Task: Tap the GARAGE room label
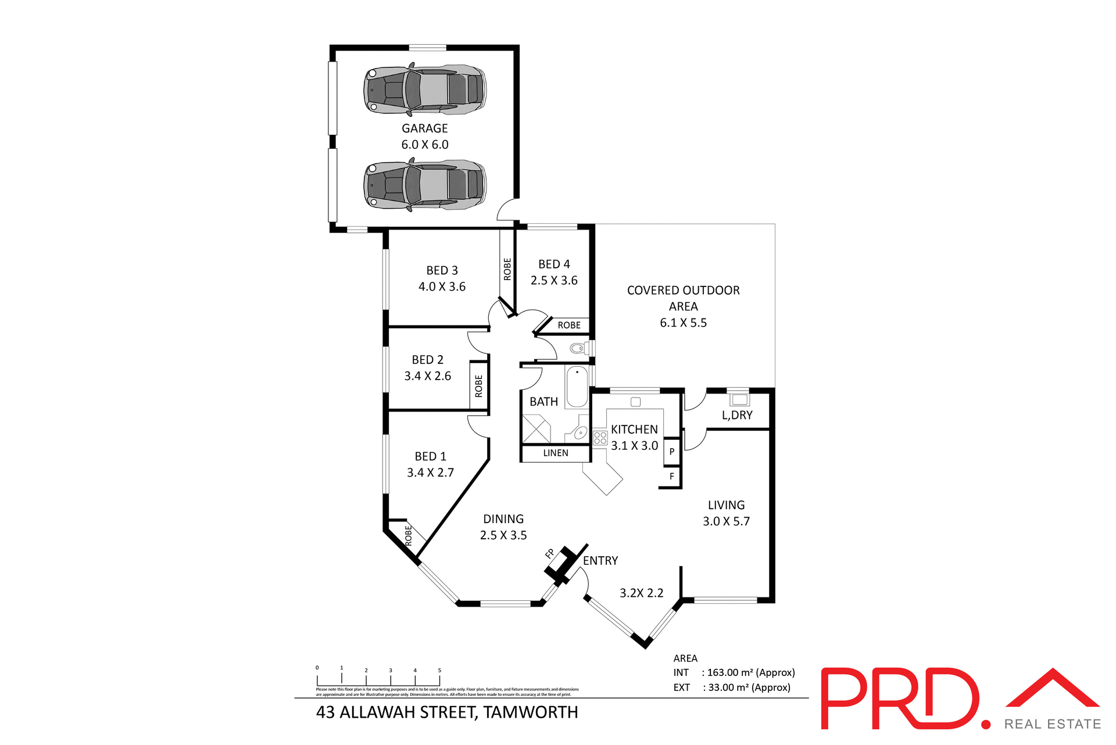tap(425, 128)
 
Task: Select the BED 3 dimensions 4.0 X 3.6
tap(442, 286)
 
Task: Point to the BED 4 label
tap(554, 264)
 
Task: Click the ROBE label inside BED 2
tap(479, 386)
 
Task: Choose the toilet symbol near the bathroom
tap(577, 349)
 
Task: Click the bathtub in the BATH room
tap(577, 386)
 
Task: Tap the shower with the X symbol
tap(536, 429)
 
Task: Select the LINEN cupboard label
tap(556, 453)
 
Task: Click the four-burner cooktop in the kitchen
tap(600, 438)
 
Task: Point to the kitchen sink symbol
tap(635, 402)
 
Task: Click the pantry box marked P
tap(672, 452)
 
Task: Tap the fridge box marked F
tap(672, 477)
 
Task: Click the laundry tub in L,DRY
tap(739, 399)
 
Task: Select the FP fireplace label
tap(550, 554)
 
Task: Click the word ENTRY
tap(600, 561)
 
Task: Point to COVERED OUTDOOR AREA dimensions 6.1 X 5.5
tap(683, 323)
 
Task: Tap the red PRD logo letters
tap(900, 699)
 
